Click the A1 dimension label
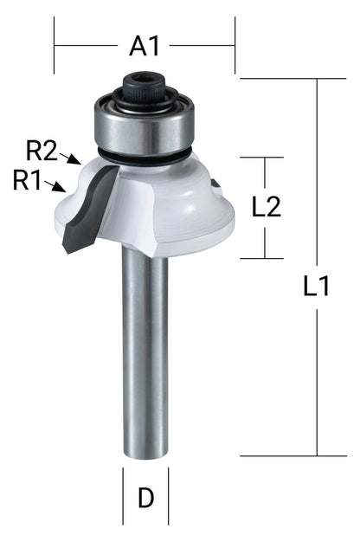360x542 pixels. point(144,46)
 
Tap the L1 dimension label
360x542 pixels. point(316,287)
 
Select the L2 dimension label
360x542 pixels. point(267,206)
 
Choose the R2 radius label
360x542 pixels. point(41,152)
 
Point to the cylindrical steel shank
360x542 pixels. point(145,346)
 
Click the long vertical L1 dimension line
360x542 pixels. point(320,364)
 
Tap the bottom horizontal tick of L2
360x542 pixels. point(261,258)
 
